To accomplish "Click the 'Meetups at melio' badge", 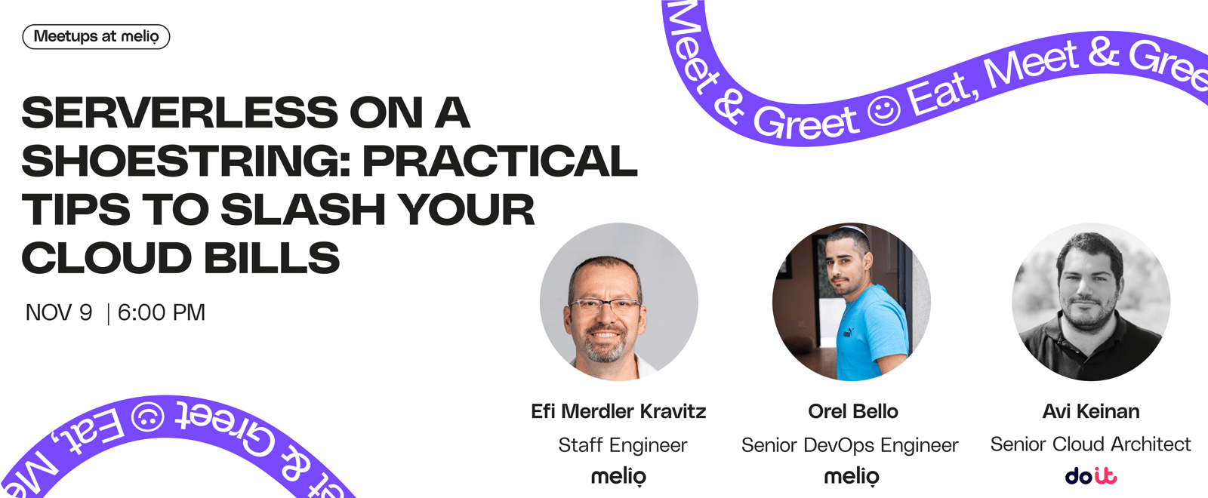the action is tap(96, 37).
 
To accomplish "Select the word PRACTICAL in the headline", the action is tap(500, 161).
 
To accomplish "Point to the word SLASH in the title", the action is tap(303, 209).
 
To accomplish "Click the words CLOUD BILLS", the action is tap(180, 257).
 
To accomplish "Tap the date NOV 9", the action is tap(59, 312).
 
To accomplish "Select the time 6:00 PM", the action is tap(162, 312).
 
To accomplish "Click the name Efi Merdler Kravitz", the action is tap(618, 411).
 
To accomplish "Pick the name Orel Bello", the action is tap(852, 411).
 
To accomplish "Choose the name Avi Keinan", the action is tap(1091, 411).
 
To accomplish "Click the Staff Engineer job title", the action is tap(623, 445).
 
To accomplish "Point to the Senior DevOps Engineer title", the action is tap(850, 445).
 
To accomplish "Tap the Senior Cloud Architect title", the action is tap(1090, 444).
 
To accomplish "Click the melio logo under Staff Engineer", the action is tap(618, 476).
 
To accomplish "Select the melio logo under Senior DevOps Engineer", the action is tap(852, 476).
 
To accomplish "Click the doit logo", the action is tap(1091, 475).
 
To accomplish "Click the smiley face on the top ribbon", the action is tap(884, 110).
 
